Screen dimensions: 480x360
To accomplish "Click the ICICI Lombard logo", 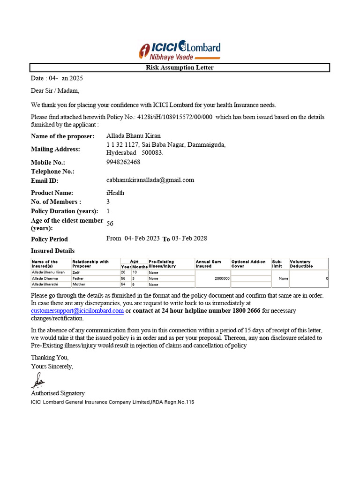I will [180, 50].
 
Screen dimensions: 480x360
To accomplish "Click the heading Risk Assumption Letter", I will [180, 67].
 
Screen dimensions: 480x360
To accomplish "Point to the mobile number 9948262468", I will [123, 162].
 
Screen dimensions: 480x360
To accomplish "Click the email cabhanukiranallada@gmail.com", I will [150, 180].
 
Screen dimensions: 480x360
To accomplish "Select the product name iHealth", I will [115, 193].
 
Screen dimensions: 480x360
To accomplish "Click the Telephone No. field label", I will [52, 172].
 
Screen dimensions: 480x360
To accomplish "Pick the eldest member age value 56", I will [110, 224].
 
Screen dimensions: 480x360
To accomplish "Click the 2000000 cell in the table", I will [222, 278].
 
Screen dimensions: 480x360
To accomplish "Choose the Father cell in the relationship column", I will [78, 278].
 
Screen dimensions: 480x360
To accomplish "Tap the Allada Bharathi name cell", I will [45, 285].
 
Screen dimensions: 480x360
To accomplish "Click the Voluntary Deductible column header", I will [300, 264].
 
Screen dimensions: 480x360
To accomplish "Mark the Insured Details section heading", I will [52, 251].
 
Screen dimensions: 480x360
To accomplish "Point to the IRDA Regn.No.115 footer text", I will [172, 402].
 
